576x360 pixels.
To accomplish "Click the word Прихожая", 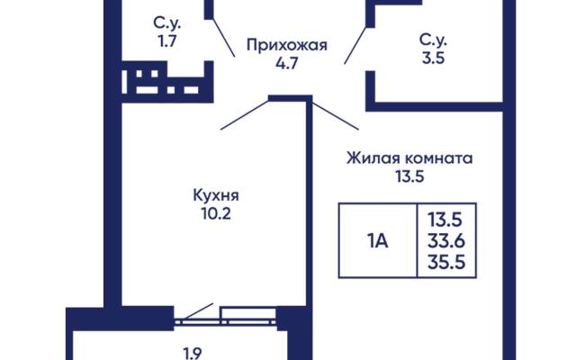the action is [x=287, y=46].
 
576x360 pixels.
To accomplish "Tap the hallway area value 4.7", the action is [x=287, y=64].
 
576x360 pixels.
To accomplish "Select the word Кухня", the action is [x=216, y=195].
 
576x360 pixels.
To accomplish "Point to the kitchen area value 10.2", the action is [x=216, y=213].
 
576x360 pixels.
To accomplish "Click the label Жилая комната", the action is [x=409, y=158].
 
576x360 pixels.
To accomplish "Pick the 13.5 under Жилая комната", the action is [x=409, y=176].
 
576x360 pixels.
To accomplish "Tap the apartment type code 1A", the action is [x=377, y=241].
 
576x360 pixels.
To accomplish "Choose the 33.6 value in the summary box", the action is [x=446, y=241].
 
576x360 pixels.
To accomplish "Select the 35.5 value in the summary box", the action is [x=446, y=262].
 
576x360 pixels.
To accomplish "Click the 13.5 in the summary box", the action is [x=445, y=220].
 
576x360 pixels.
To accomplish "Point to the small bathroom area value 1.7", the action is [x=167, y=41].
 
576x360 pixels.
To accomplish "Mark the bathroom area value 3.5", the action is [x=434, y=58].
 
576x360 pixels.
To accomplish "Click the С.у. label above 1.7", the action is [x=167, y=23].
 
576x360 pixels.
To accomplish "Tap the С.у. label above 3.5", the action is [x=434, y=40].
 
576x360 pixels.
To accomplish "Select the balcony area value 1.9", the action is [x=192, y=354].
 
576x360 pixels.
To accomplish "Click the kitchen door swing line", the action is [x=245, y=114].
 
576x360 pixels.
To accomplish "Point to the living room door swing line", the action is [x=335, y=116].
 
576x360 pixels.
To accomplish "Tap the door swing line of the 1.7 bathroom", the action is [x=224, y=38].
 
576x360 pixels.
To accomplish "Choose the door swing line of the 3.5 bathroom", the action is [x=355, y=46].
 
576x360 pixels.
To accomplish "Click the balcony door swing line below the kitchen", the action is [x=198, y=311].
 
